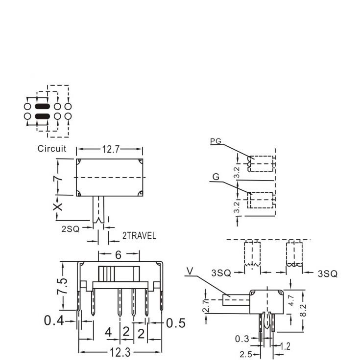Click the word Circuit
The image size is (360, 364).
[52, 149]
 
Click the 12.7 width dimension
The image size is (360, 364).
[110, 150]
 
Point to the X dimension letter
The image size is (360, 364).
[58, 207]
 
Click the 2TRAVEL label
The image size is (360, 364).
[139, 236]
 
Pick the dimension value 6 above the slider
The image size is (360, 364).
[119, 255]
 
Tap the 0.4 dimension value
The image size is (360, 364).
[54, 321]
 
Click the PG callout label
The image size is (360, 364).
[216, 141]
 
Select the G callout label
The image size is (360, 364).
[216, 177]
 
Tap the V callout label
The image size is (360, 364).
[190, 271]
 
